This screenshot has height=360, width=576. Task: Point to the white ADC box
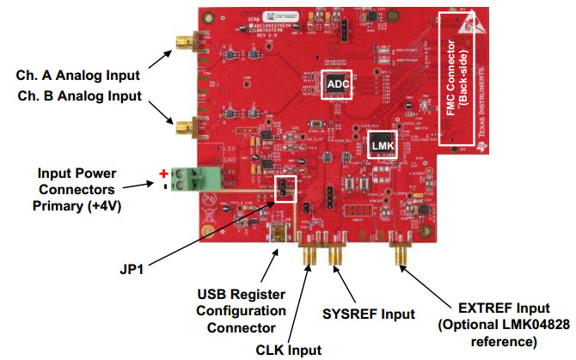[336, 83]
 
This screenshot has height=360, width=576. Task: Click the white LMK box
[382, 146]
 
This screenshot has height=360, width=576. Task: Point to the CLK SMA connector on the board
[307, 255]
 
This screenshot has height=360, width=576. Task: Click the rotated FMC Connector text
[456, 78]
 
